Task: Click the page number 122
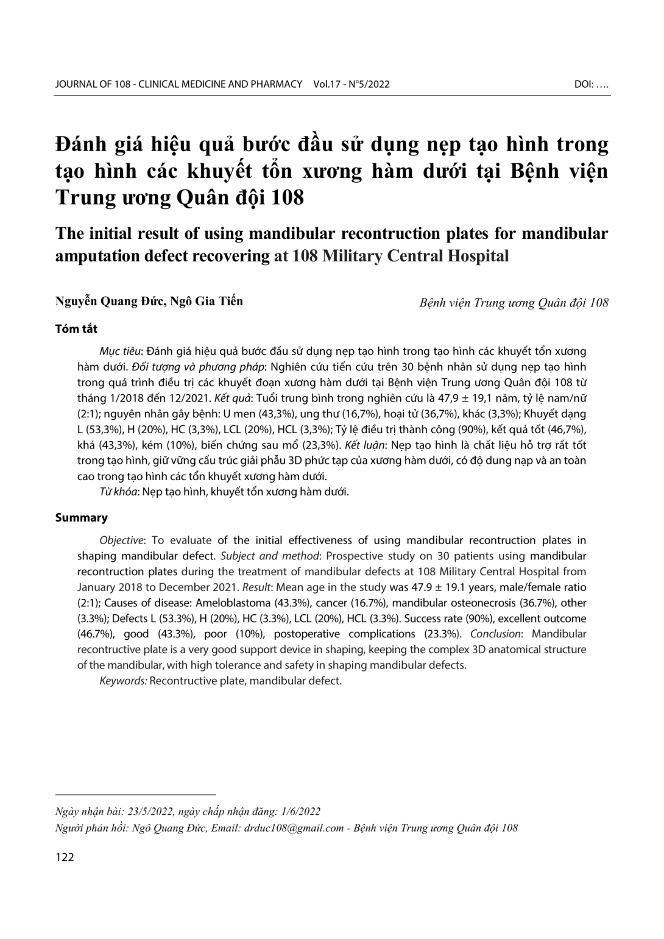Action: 65,857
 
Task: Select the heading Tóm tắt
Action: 76,328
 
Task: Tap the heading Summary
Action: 81,517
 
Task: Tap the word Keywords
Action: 122,680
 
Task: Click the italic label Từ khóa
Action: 117,492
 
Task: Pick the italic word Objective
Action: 122,540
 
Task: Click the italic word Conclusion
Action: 494,634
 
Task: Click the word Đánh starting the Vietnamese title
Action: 79,145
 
